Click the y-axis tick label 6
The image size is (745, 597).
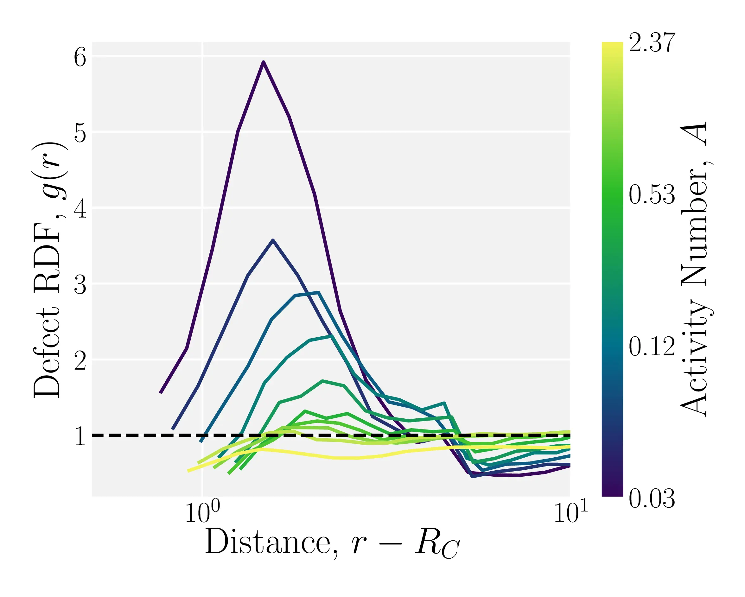[80, 57]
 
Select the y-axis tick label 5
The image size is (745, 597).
[80, 133]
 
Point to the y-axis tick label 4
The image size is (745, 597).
[80, 209]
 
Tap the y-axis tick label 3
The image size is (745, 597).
[80, 285]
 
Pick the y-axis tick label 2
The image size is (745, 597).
[80, 361]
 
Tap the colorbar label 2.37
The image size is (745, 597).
[652, 43]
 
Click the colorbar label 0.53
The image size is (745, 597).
[652, 194]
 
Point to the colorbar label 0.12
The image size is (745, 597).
[652, 346]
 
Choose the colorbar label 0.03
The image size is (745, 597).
[652, 499]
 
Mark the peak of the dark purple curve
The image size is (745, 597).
[263, 62]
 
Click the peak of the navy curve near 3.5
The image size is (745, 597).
[273, 240]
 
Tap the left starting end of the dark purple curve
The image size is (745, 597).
[160, 393]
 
